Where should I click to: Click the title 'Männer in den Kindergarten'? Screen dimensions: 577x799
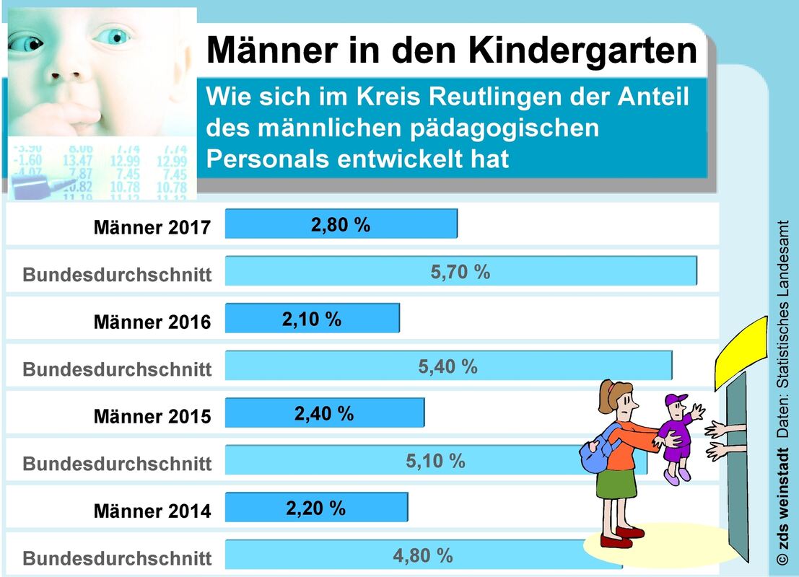tap(453, 50)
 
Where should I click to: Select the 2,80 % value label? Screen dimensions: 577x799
tap(341, 224)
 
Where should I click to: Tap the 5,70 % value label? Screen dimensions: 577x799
tap(460, 272)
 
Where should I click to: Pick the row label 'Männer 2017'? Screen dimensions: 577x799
tap(152, 227)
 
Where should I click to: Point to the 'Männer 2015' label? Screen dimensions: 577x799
tap(152, 416)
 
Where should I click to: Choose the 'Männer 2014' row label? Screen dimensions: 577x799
tap(152, 511)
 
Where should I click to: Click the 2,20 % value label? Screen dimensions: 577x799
tap(316, 508)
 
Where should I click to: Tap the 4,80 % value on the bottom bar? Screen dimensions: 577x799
tap(423, 555)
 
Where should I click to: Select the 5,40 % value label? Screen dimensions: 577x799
tap(447, 366)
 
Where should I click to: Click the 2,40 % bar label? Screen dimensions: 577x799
tap(324, 413)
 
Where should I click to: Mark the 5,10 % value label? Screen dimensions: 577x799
tap(435, 460)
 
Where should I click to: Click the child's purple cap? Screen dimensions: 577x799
tap(676, 400)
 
